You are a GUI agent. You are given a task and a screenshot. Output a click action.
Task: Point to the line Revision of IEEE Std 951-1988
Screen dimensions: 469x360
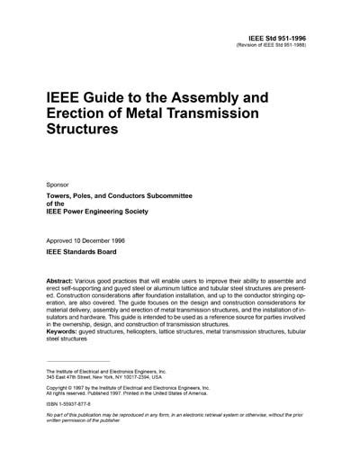[x=292, y=49]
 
